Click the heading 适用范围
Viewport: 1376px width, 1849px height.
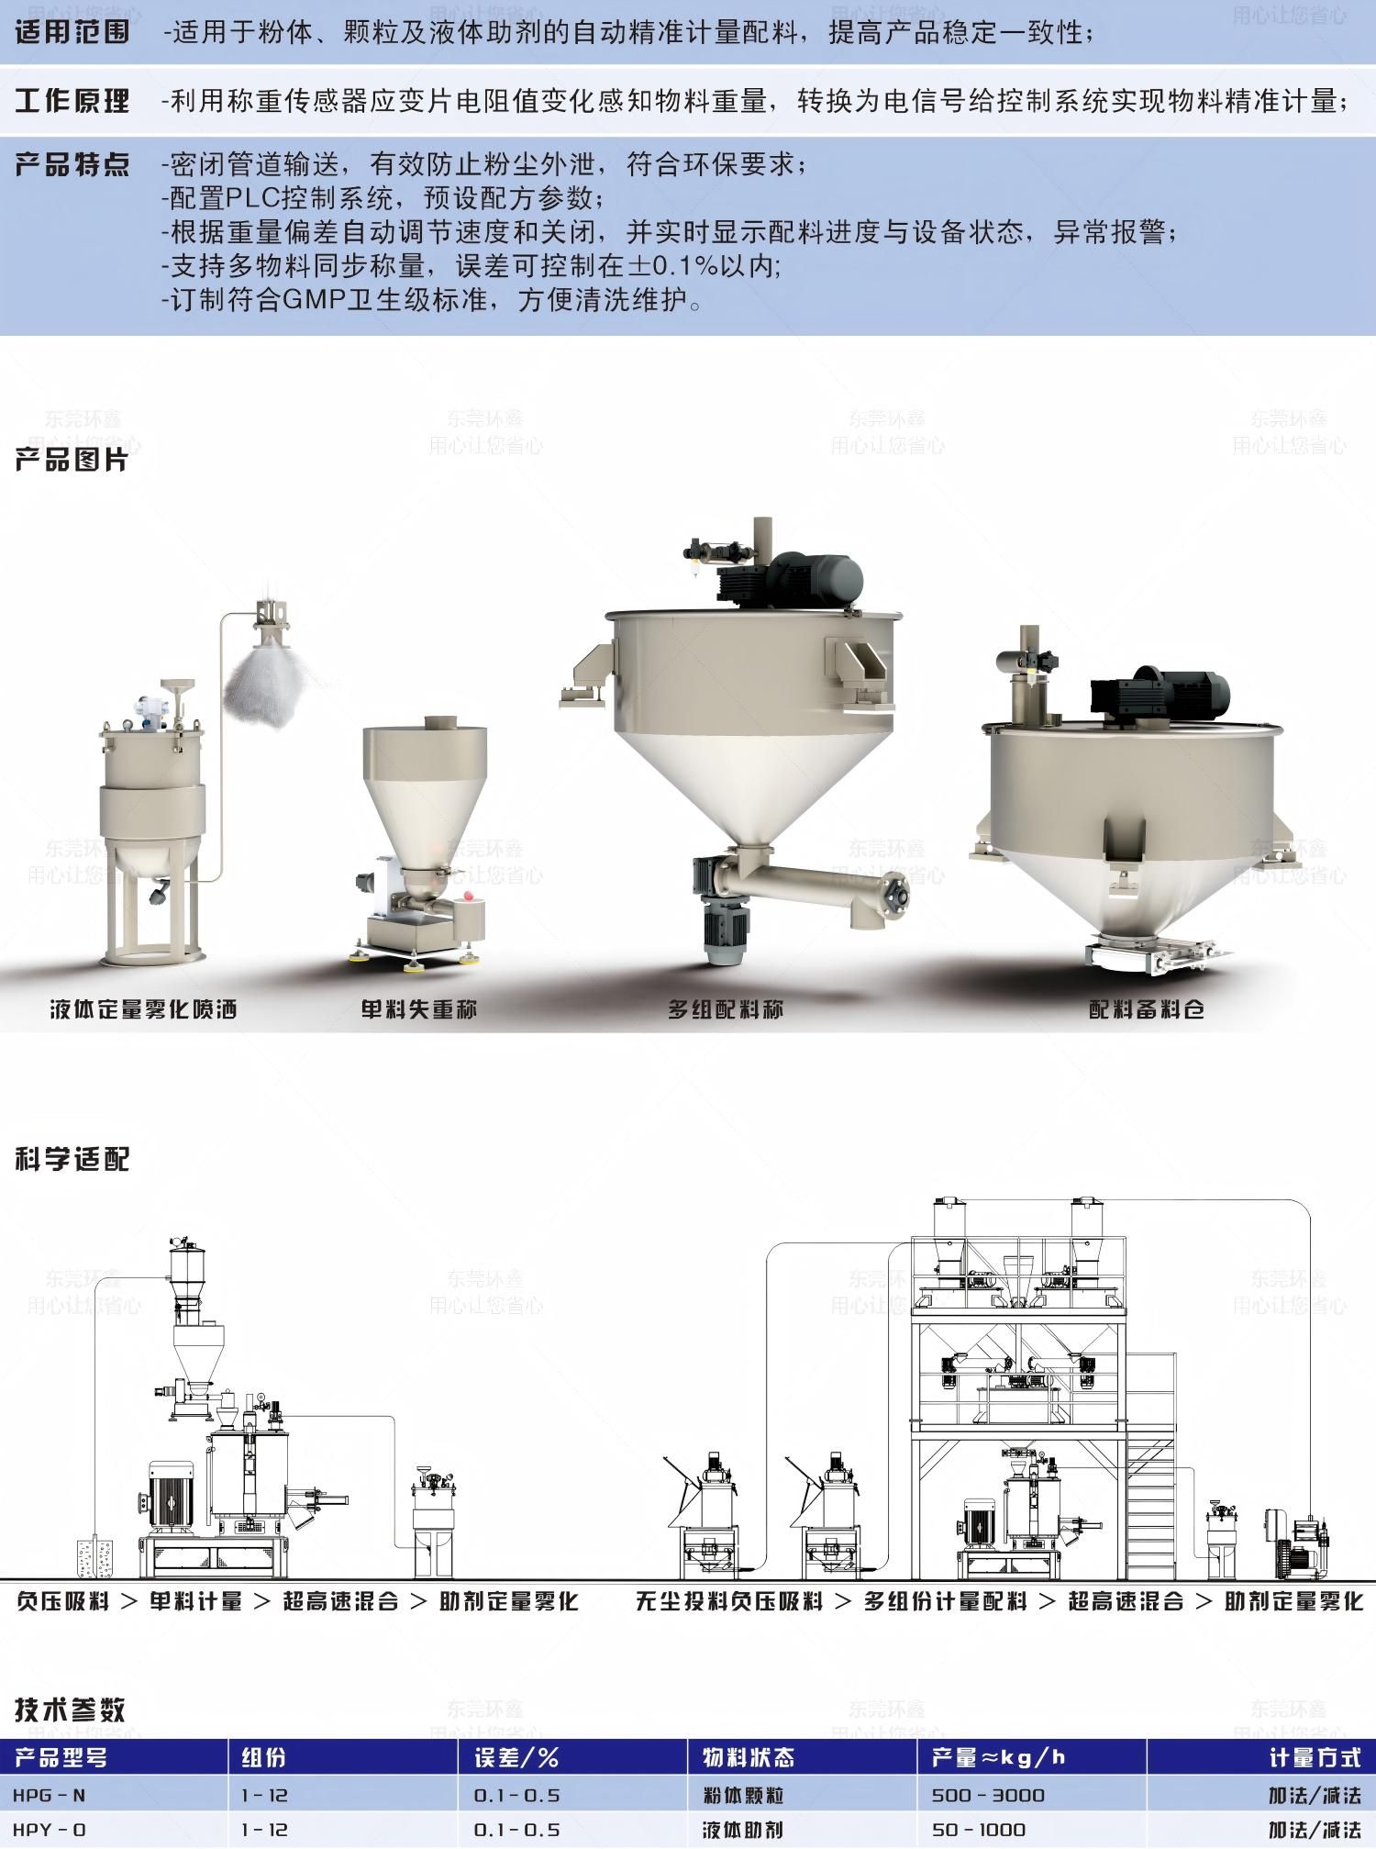point(72,33)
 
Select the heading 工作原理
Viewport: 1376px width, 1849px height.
point(72,100)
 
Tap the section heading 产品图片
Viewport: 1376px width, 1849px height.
point(72,460)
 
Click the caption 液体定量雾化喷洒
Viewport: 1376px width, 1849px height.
point(144,1009)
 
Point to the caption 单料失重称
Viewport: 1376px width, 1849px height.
point(419,1009)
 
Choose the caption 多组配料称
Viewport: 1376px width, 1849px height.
point(726,1009)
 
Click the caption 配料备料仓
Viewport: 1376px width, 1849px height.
point(1147,1009)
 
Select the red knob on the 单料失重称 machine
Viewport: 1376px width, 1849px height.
point(469,896)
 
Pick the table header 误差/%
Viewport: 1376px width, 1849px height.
point(516,1757)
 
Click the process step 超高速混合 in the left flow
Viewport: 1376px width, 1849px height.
point(340,1601)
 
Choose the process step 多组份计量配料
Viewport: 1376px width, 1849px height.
point(945,1601)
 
